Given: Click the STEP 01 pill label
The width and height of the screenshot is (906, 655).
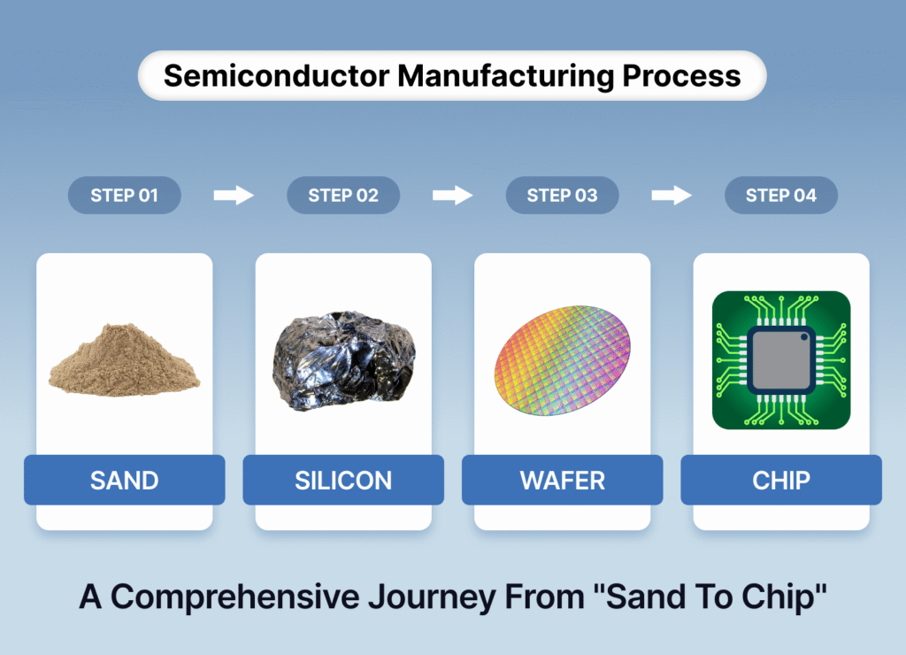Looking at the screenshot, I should pyautogui.click(x=124, y=196).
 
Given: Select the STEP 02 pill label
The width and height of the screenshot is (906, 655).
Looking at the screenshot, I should pyautogui.click(x=343, y=196).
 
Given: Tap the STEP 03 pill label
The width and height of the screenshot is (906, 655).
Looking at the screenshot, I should pyautogui.click(x=562, y=196).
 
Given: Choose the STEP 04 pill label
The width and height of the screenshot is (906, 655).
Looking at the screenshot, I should pyautogui.click(x=780, y=196).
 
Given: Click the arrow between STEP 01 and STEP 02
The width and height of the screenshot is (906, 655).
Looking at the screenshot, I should pyautogui.click(x=234, y=196).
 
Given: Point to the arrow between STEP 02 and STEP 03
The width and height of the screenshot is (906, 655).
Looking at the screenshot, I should pyautogui.click(x=452, y=196).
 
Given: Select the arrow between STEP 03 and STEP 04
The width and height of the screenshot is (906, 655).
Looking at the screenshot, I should pyautogui.click(x=671, y=196).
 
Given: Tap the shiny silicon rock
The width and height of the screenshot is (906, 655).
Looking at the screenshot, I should pyautogui.click(x=343, y=358).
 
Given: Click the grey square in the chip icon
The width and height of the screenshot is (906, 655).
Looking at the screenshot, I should pyautogui.click(x=781, y=360).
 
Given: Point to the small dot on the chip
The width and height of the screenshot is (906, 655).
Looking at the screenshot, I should pyautogui.click(x=804, y=337).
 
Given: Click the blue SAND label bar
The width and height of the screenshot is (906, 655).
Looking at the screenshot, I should pyautogui.click(x=124, y=481).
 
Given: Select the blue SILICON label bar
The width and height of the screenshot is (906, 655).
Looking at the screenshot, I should pyautogui.click(x=343, y=481).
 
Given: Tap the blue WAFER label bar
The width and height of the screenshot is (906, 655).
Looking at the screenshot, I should pyautogui.click(x=562, y=481).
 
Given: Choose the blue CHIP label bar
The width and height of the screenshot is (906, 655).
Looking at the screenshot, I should pyautogui.click(x=781, y=481).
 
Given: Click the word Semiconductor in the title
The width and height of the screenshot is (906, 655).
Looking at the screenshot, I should pyautogui.click(x=275, y=75).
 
